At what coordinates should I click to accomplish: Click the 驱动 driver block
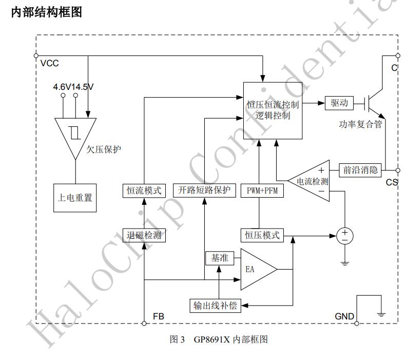(x=339, y=103)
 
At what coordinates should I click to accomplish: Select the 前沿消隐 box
(x=361, y=169)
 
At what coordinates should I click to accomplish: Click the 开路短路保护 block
(x=204, y=190)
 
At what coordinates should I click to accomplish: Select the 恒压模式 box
(x=262, y=235)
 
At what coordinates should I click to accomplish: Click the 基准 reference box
(x=220, y=257)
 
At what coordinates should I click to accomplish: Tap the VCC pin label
(x=49, y=64)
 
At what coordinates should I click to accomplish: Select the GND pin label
(x=344, y=316)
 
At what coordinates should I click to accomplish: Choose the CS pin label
(x=392, y=182)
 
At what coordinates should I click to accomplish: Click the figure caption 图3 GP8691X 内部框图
(x=219, y=339)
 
